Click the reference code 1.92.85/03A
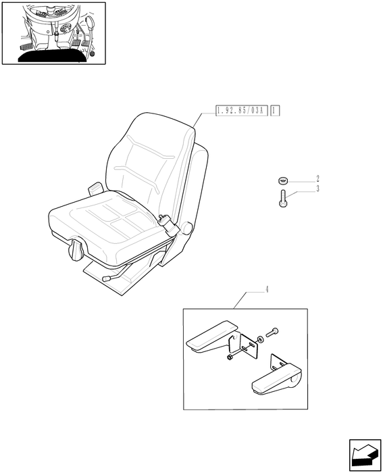242,111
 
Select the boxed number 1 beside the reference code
275,111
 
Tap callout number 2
317,178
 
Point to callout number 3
317,189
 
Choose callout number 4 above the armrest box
267,290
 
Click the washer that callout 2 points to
283,181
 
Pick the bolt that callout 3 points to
283,199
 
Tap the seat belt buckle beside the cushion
168,225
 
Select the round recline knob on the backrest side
187,227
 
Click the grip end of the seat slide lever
106,279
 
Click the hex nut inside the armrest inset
230,357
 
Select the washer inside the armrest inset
260,339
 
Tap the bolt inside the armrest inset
272,332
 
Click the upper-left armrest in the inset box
211,337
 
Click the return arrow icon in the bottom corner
365,455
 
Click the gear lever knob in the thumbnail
90,22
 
